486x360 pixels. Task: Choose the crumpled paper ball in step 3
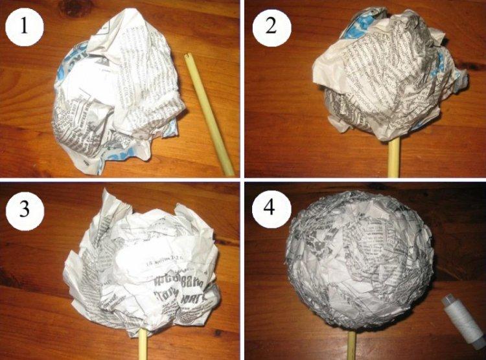click(146, 265)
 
